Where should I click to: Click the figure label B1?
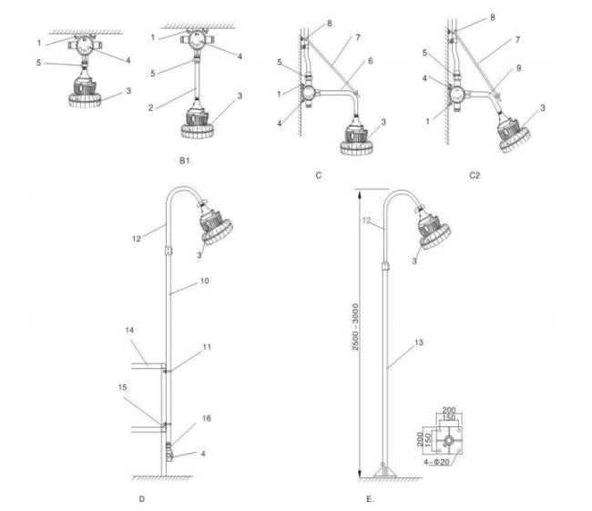click(186, 160)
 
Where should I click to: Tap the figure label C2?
click(475, 175)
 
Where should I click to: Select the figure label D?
click(141, 499)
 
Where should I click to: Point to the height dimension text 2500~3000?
click(355, 327)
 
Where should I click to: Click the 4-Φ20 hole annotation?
click(436, 462)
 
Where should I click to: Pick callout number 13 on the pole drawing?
click(419, 342)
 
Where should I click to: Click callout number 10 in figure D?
click(204, 281)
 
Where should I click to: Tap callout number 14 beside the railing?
click(129, 330)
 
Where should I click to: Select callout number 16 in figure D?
click(207, 418)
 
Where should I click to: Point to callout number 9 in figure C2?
click(519, 68)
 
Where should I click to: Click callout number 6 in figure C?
click(371, 61)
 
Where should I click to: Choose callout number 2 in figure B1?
click(150, 108)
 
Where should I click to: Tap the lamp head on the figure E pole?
click(434, 228)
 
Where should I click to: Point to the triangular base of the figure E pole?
click(385, 471)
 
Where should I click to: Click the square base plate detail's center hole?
click(449, 441)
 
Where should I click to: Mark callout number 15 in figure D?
click(122, 387)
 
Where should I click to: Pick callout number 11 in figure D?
click(207, 347)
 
